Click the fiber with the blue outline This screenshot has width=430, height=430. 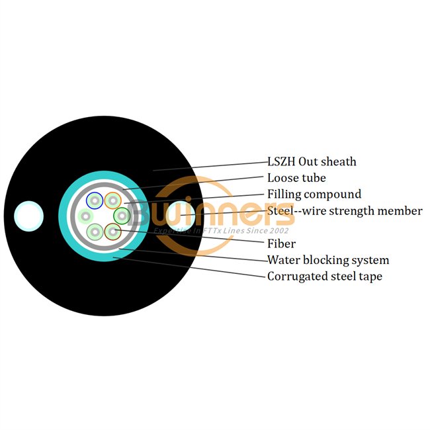click(95, 200)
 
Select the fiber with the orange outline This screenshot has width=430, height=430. click(112, 200)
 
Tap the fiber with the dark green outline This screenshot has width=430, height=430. click(122, 216)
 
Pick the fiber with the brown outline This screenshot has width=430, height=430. click(112, 232)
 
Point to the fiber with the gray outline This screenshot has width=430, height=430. click(95, 232)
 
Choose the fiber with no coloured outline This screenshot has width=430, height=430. click(85, 216)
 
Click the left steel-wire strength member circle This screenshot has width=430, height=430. click(29, 216)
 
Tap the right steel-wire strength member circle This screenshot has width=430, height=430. click(181, 216)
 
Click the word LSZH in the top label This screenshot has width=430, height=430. click(281, 162)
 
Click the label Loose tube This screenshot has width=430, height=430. click(297, 178)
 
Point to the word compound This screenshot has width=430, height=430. click(333, 195)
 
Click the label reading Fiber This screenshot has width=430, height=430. click(282, 243)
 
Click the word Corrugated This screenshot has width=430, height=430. click(298, 277)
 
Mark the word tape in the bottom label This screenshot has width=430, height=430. click(370, 277)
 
